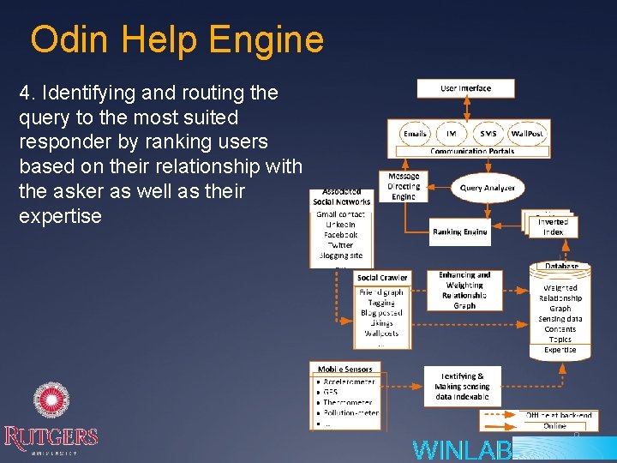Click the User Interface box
(x=465, y=88)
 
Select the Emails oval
(x=415, y=134)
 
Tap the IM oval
(x=452, y=134)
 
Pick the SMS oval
(x=488, y=134)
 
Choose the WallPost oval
(x=528, y=134)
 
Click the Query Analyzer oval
(x=488, y=188)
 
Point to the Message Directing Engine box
(x=404, y=186)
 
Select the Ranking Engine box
(x=459, y=231)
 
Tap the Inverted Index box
(x=553, y=227)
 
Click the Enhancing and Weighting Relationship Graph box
(x=464, y=290)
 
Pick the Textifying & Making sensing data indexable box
(x=462, y=386)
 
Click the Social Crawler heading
(x=382, y=278)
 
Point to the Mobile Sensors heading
(x=345, y=370)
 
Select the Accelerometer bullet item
(x=352, y=382)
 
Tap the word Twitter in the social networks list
(x=340, y=245)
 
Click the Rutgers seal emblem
(x=51, y=401)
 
